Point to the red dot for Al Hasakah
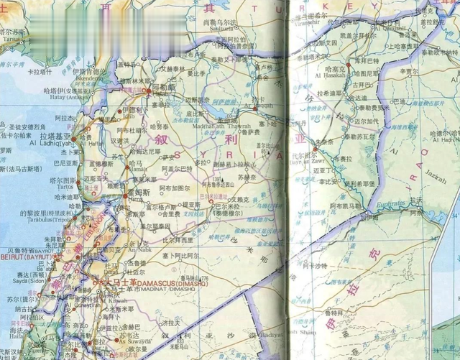[347, 64]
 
